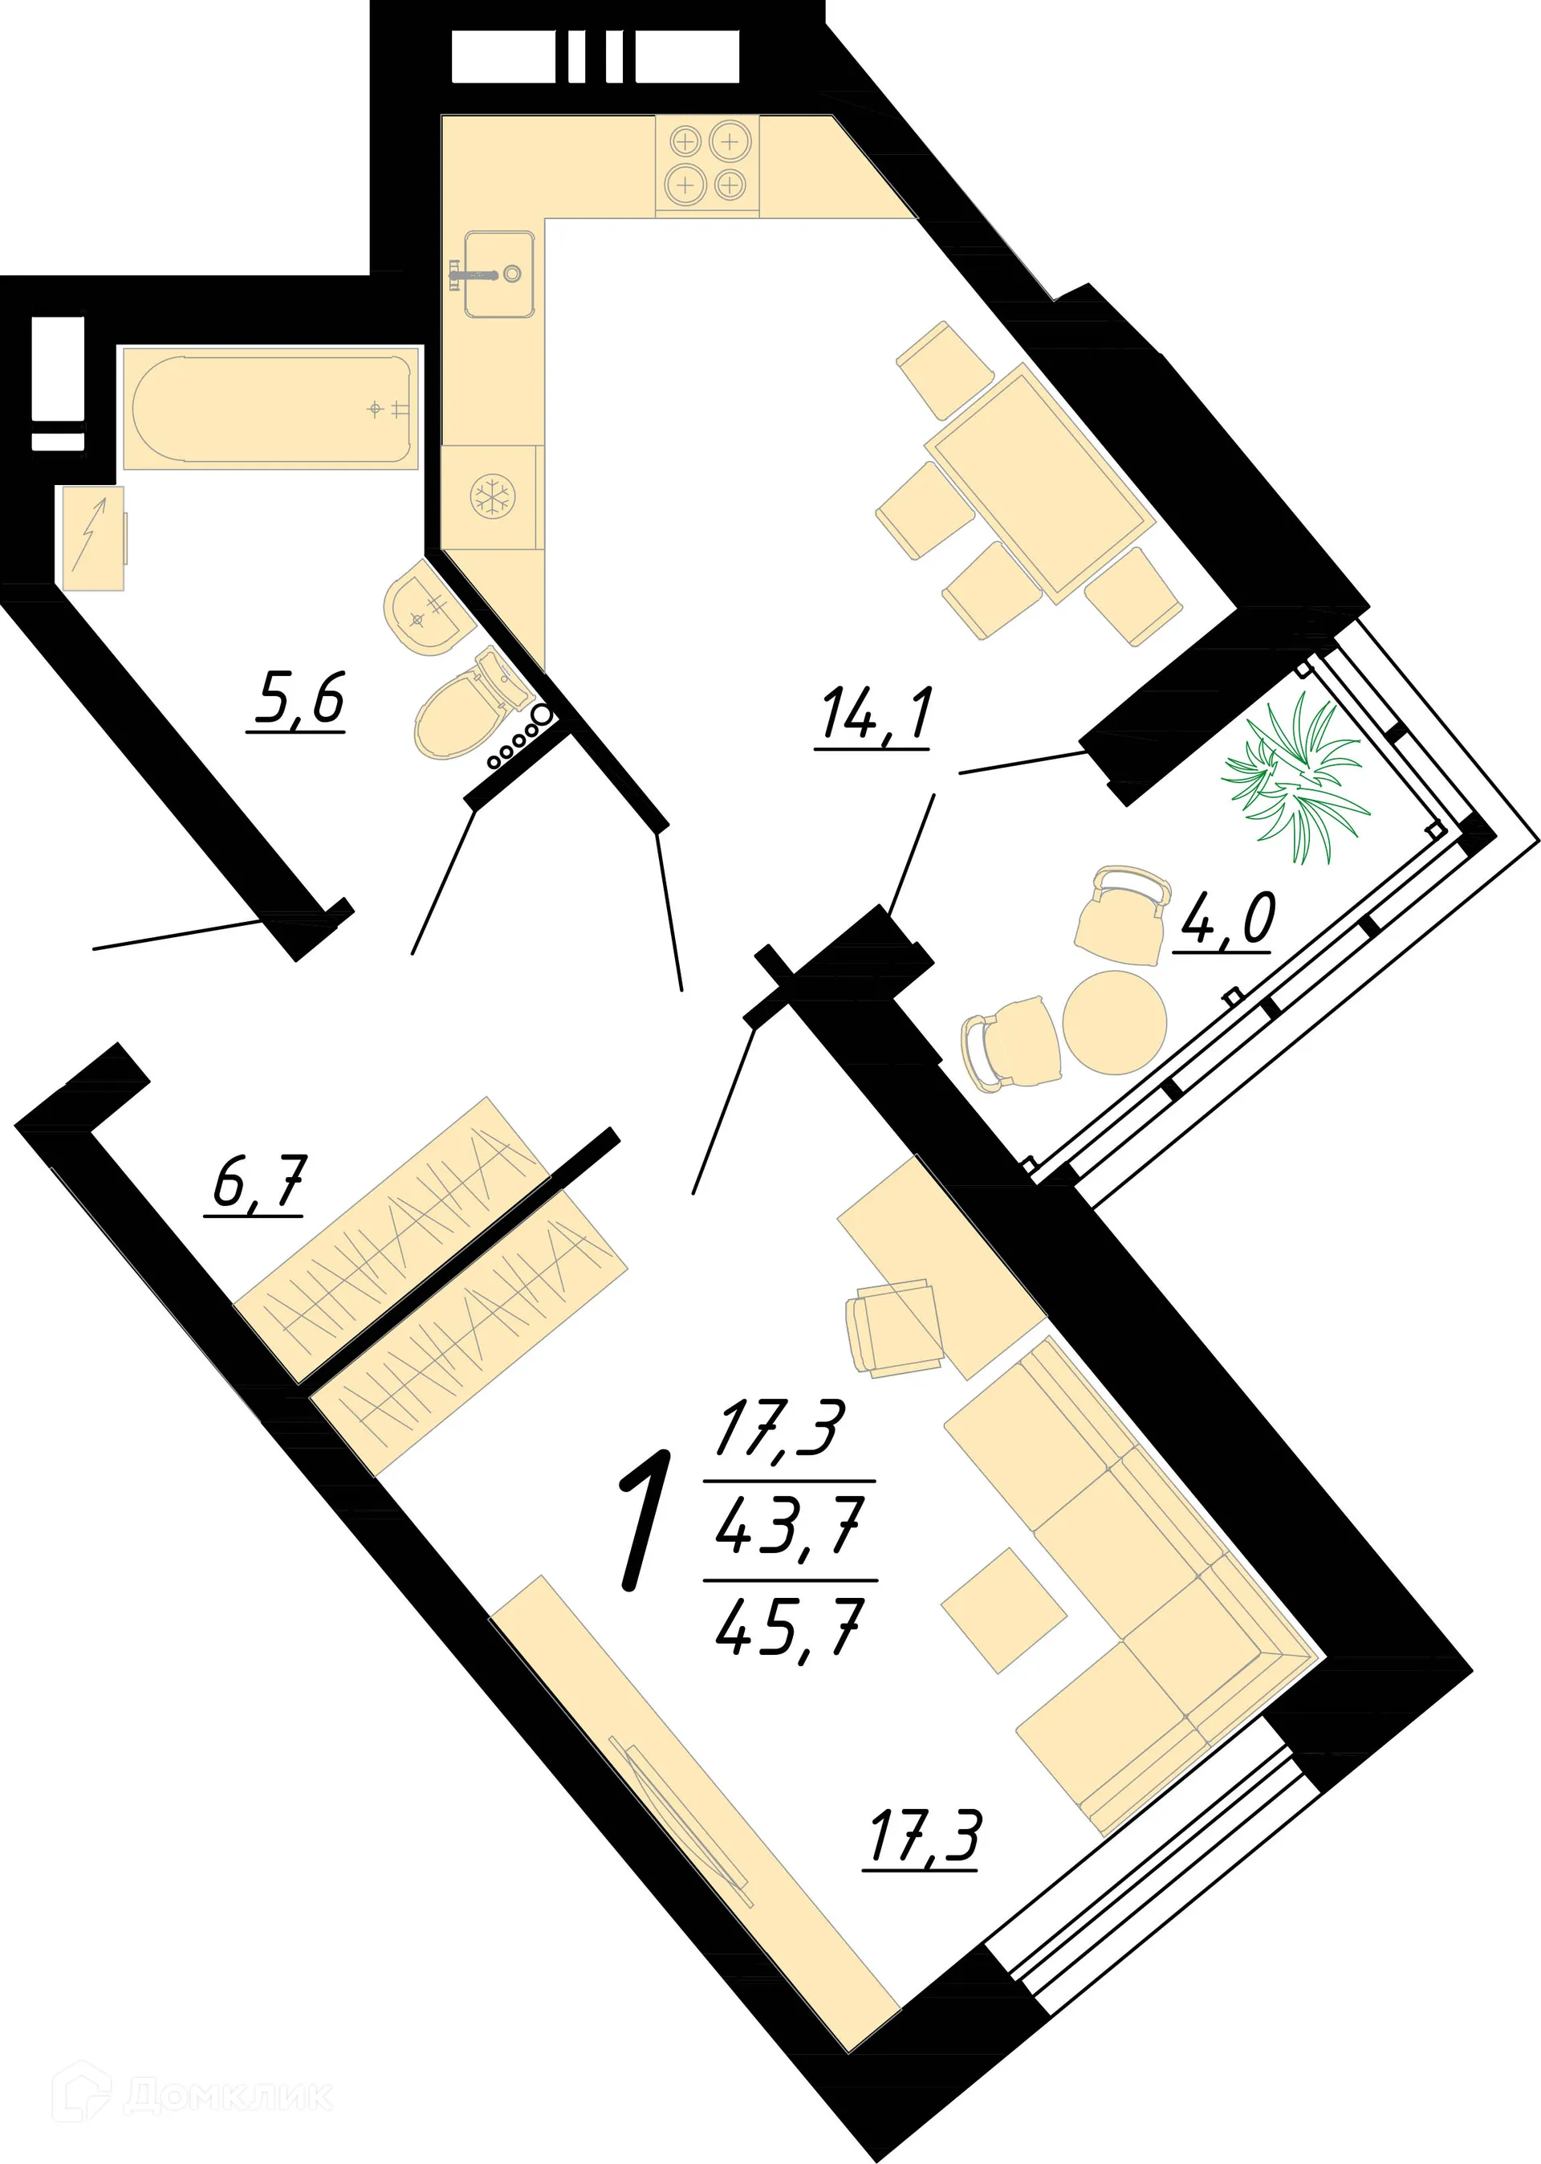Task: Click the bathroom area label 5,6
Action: (297, 699)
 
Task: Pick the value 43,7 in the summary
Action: (790, 1527)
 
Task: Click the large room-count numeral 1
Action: (646, 1521)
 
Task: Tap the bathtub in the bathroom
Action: (270, 407)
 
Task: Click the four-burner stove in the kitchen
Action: (707, 163)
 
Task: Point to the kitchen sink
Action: (498, 273)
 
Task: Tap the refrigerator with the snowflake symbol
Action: (491, 496)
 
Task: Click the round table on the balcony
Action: (1114, 1022)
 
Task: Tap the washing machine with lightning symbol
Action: (93, 538)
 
